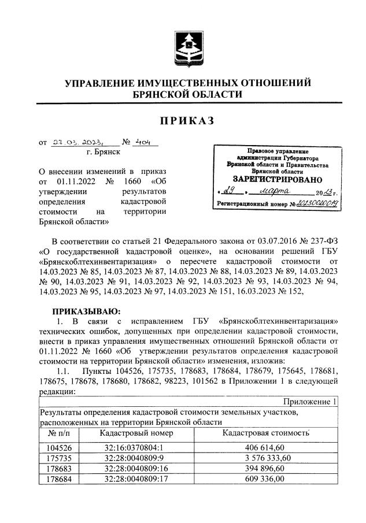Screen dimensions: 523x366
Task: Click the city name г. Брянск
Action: click(102, 152)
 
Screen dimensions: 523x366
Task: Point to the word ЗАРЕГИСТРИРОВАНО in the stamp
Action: click(277, 180)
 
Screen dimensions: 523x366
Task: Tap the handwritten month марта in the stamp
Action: click(278, 192)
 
